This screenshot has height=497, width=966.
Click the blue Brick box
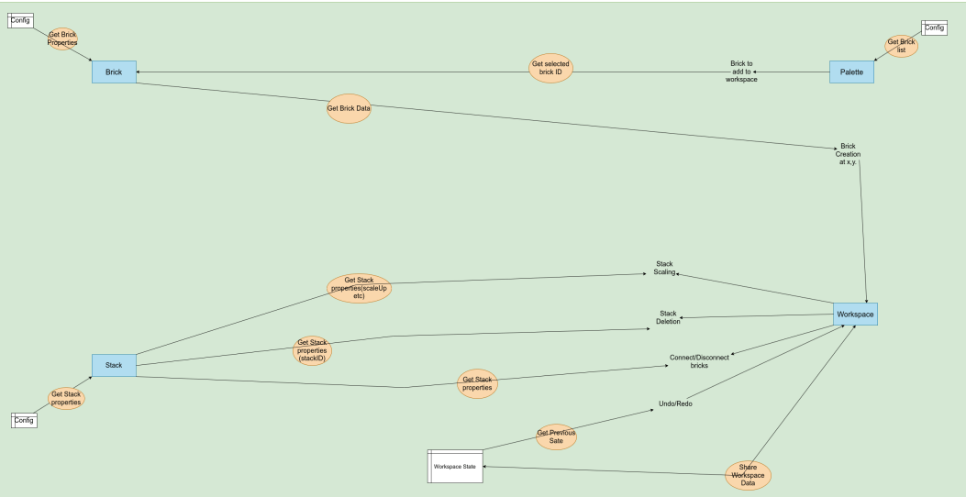(x=114, y=72)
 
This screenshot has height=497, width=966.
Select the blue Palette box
(x=851, y=72)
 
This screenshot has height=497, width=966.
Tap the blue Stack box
(x=114, y=365)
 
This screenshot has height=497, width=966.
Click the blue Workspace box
(x=855, y=315)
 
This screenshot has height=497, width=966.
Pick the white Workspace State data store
(x=454, y=467)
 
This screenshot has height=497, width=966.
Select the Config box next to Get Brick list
(x=934, y=28)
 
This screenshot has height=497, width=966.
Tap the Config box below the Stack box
(x=24, y=420)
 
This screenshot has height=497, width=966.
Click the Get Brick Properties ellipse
(x=62, y=39)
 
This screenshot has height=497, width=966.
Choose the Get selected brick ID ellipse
(x=551, y=69)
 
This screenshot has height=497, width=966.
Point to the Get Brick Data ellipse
(x=349, y=108)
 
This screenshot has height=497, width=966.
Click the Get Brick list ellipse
(x=901, y=46)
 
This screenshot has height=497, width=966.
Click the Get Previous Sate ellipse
(x=556, y=436)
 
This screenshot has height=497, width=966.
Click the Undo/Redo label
(x=675, y=403)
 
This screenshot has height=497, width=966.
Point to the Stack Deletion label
(x=668, y=317)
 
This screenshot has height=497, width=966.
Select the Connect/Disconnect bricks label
(x=699, y=361)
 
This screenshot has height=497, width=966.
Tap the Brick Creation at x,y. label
(x=847, y=154)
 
